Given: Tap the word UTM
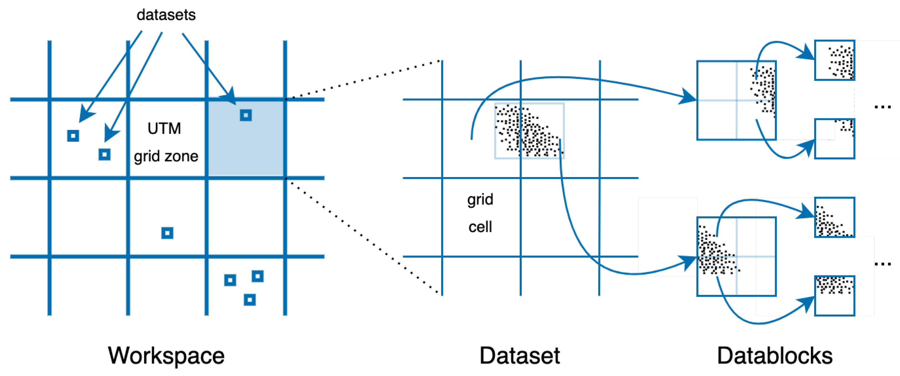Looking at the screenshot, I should [164, 129].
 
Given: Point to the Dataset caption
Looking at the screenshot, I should [520, 356].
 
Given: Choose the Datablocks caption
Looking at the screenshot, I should [775, 356].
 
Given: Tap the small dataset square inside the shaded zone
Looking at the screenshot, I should [246, 115].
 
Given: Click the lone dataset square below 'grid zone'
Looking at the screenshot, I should [167, 233].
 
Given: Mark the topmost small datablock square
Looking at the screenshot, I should [834, 60].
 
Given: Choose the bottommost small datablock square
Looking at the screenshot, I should [834, 296].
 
